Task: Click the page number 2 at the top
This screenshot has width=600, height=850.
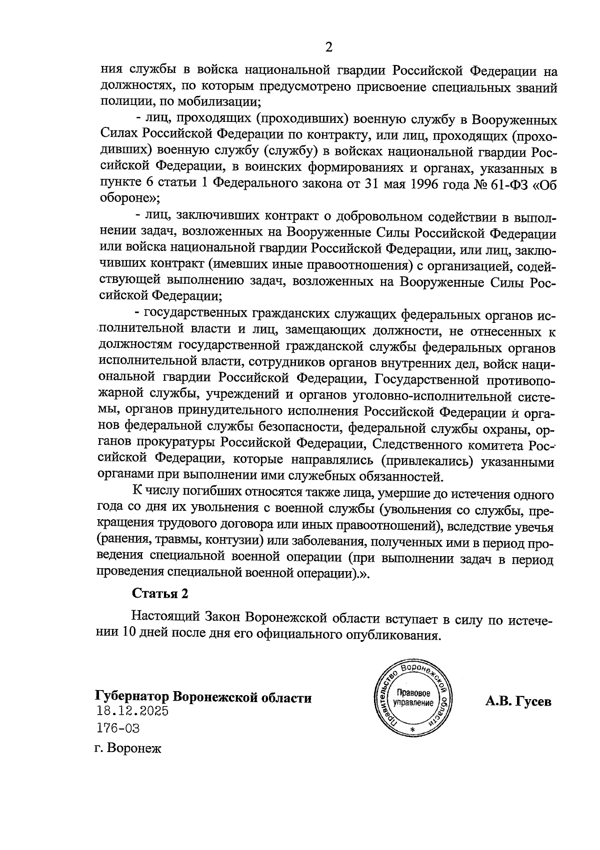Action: click(x=328, y=47)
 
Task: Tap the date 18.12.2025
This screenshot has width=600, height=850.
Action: click(x=131, y=711)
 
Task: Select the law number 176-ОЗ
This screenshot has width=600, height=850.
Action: click(x=118, y=728)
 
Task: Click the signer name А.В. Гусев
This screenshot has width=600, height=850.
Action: click(x=518, y=701)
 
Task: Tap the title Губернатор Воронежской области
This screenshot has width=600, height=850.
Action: click(x=203, y=697)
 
